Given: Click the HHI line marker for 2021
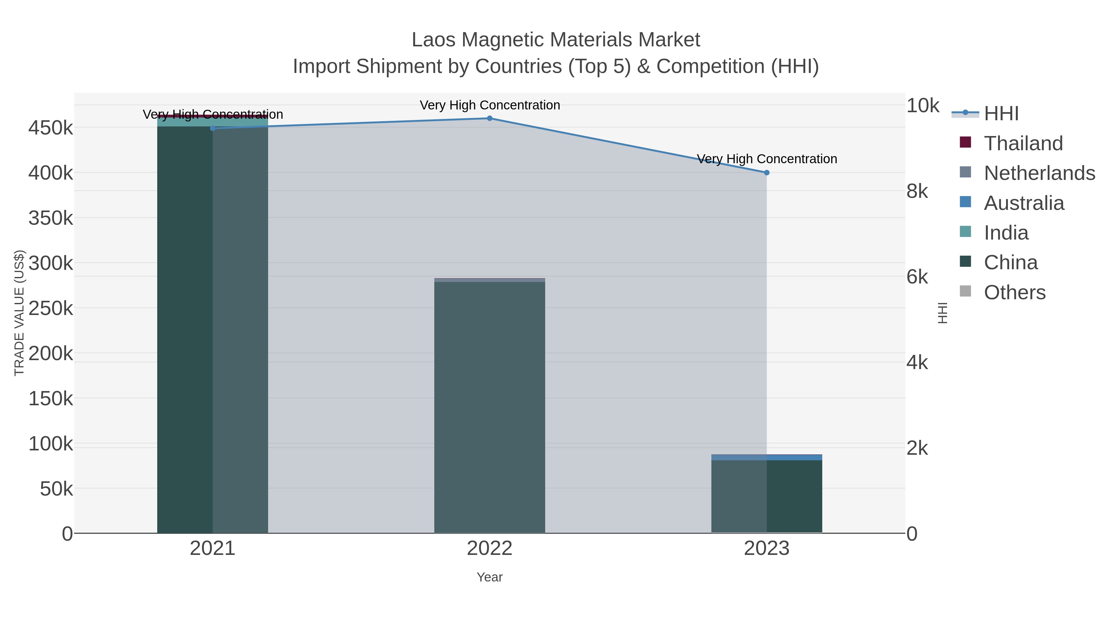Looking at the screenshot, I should pyautogui.click(x=213, y=128).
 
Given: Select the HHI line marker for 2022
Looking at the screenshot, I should pyautogui.click(x=490, y=118).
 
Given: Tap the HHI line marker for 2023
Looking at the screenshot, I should pyautogui.click(x=767, y=173).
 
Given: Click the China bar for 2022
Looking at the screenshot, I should pyautogui.click(x=490, y=406).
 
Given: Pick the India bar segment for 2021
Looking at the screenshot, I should pyautogui.click(x=213, y=122).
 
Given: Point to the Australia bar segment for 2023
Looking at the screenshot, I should pyautogui.click(x=767, y=458).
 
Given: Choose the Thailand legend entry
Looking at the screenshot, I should pyautogui.click(x=1023, y=143).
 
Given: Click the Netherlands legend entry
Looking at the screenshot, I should pyautogui.click(x=1039, y=173).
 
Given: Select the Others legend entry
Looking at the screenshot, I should pyautogui.click(x=1014, y=292).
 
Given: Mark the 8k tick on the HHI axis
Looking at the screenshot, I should pyautogui.click(x=917, y=191).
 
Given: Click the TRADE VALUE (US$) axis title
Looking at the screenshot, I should pyautogui.click(x=19, y=313).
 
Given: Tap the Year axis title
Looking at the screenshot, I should pyautogui.click(x=490, y=577).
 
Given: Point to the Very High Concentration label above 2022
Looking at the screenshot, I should pyautogui.click(x=490, y=105).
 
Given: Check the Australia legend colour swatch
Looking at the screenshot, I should pyautogui.click(x=965, y=202).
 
